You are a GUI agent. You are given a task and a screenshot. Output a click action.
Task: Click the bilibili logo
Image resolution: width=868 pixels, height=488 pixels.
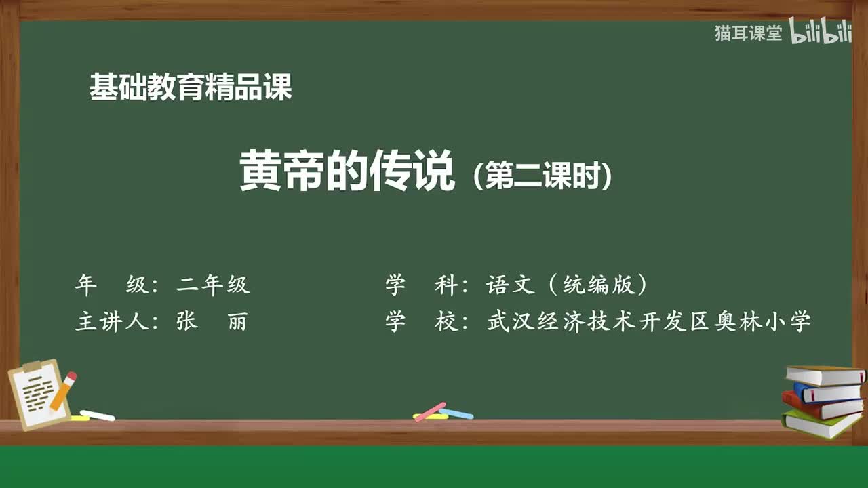tap(821, 33)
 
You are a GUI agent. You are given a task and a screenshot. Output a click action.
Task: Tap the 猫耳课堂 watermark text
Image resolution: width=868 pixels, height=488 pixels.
tap(748, 33)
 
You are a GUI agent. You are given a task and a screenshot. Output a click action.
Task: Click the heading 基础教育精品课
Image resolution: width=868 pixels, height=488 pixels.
tap(191, 87)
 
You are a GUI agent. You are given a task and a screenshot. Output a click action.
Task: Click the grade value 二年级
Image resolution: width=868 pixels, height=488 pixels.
tap(213, 285)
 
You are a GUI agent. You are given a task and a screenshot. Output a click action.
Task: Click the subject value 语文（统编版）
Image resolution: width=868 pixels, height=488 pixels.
tap(566, 285)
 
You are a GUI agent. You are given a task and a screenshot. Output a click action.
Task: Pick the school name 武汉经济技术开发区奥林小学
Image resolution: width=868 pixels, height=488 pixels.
tap(649, 322)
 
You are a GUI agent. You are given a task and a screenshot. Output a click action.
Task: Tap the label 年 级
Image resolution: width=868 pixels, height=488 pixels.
tap(111, 285)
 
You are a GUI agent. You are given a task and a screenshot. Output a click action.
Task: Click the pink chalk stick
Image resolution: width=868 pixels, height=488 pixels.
tap(430, 411)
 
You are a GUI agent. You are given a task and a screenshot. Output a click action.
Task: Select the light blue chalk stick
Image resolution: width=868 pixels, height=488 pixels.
tap(456, 413)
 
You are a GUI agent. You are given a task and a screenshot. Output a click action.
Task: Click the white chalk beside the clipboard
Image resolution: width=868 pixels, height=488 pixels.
tap(97, 415)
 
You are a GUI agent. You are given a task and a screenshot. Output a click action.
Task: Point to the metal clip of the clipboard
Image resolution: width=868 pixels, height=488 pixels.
tap(33, 367)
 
